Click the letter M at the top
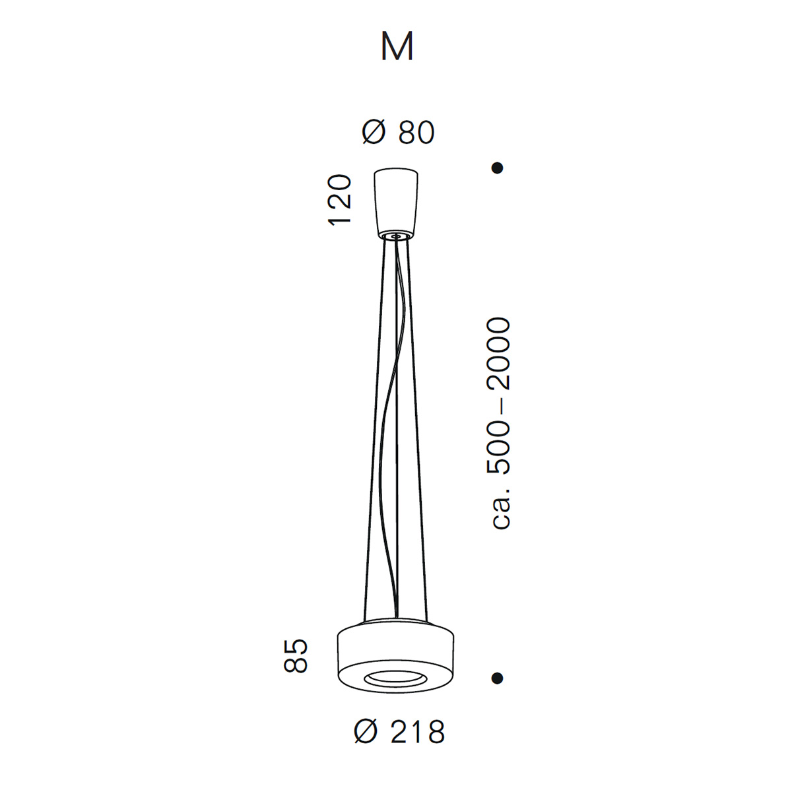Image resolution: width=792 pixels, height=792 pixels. point(397,46)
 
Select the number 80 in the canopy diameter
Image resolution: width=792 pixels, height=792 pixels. point(416,133)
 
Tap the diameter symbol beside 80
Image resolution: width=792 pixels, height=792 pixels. point(374,133)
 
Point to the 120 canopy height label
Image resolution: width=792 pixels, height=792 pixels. point(339,200)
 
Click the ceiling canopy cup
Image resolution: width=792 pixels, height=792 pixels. point(396,203)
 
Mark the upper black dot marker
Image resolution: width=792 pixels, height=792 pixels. point(498,168)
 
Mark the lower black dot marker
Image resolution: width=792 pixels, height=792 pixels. point(498,678)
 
